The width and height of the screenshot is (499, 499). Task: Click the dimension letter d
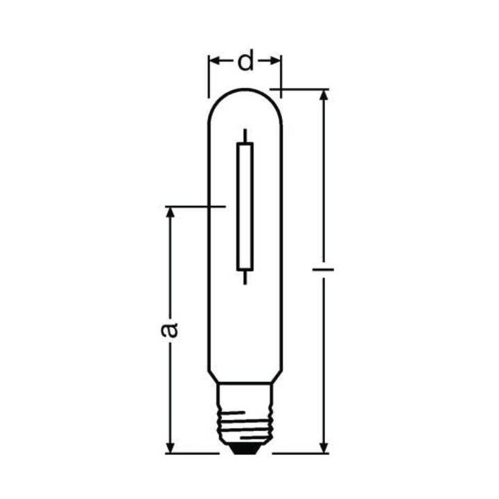245,62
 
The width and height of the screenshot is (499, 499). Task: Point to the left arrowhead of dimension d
214,62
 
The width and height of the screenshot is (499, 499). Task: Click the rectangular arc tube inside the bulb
245,206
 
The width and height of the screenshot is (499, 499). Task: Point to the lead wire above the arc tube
245,135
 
